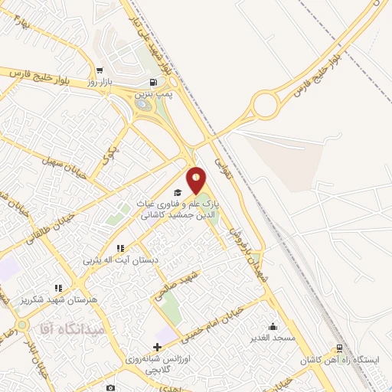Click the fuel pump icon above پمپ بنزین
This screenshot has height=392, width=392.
[155, 83]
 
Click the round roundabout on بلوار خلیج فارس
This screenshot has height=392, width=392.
[266, 104]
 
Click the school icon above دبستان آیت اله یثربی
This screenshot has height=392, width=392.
[119, 248]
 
